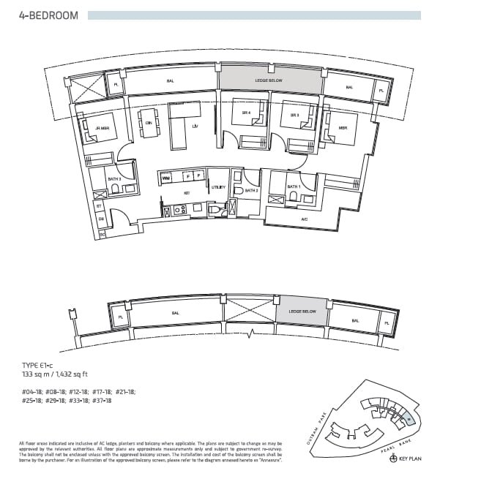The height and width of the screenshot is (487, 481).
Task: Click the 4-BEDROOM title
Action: click(48, 15)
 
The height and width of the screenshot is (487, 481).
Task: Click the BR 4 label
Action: click(246, 113)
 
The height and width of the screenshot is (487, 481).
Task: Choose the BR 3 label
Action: click(294, 116)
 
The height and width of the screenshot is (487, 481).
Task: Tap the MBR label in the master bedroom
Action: click(342, 127)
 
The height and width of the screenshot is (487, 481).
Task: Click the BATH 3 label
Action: click(113, 178)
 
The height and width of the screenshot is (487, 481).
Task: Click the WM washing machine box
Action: click(165, 177)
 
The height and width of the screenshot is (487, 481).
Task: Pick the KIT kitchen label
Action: click(187, 193)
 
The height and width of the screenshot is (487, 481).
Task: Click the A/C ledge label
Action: click(304, 219)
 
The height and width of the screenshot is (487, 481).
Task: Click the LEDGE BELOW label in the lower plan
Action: click(301, 312)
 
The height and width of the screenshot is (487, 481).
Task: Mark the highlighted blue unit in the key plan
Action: click(406, 416)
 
